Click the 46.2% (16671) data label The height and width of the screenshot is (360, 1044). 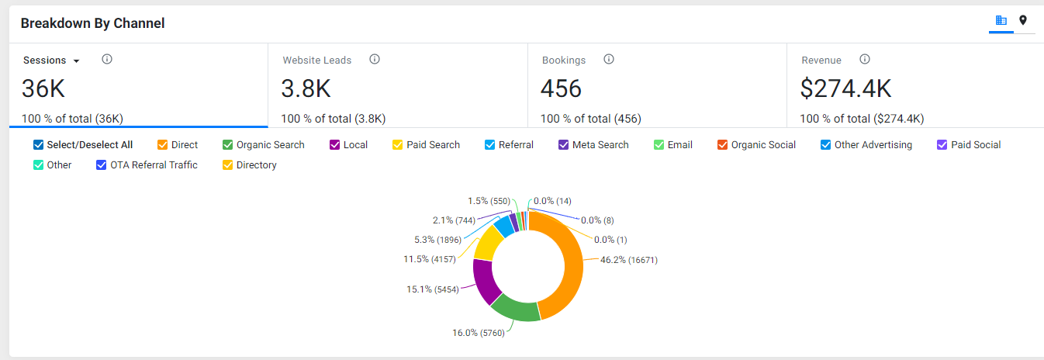629,260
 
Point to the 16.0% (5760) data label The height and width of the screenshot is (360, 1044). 479,333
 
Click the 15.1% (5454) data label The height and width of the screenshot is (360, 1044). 433,289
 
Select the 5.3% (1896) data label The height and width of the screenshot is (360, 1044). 437,240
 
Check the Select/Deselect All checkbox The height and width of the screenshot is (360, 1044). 38,145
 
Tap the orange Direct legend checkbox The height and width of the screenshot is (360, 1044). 162,145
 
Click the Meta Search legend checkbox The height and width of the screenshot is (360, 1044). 563,145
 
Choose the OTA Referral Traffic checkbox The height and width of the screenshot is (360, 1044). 101,165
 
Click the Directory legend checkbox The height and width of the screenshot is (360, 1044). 227,165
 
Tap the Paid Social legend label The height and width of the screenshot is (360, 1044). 976,145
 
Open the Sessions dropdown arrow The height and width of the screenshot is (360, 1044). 77,61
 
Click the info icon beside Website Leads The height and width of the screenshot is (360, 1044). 375,59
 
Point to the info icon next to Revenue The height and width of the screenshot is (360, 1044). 865,59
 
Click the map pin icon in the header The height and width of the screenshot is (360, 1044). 1023,20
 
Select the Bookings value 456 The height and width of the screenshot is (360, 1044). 561,88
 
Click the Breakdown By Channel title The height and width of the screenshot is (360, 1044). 93,23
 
